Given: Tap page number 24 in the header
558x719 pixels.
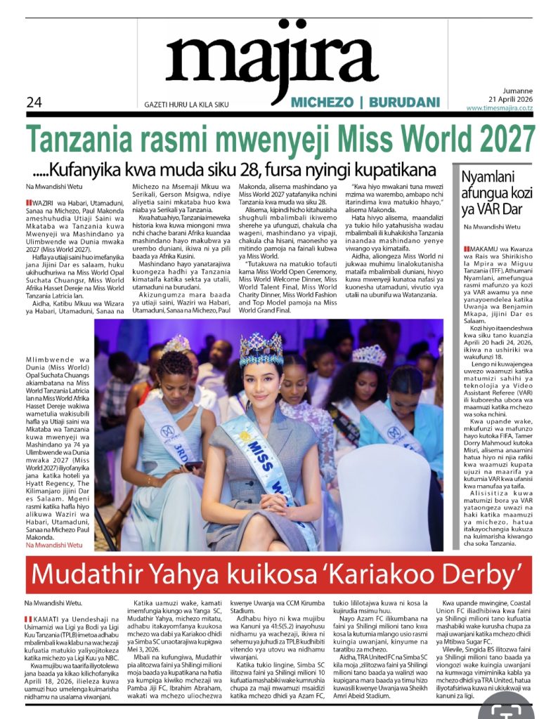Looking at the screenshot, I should tap(34, 103).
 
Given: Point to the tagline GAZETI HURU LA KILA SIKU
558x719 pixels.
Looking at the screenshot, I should tap(186, 105).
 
